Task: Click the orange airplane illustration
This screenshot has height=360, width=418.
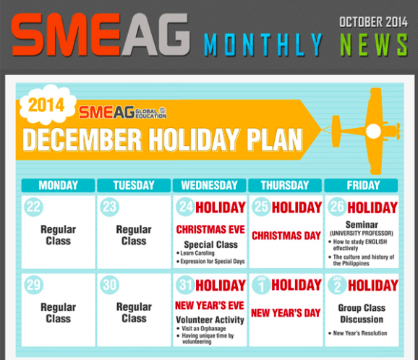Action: pos(372,131)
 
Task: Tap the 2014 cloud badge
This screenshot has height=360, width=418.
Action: pos(47,104)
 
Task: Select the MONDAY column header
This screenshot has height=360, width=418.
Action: pos(58,185)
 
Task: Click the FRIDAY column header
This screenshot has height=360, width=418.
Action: pos(361,185)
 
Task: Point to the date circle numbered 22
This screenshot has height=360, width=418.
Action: pos(33,207)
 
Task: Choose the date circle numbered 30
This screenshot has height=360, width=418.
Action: pos(110,285)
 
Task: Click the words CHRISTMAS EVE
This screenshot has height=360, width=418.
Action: pos(210,229)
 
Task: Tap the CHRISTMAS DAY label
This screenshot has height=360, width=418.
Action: pos(286,236)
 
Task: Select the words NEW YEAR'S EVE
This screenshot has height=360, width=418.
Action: pos(210,305)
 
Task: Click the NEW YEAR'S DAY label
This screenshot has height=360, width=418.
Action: pos(286,313)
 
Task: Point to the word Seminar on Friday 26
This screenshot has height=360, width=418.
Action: pos(362,225)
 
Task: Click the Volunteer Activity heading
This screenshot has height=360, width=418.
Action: pos(210,320)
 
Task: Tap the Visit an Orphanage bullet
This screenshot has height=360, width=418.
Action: pos(202,328)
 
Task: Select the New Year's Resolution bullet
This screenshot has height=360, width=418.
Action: pos(358,333)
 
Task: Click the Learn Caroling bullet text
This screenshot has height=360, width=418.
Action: pos(196,253)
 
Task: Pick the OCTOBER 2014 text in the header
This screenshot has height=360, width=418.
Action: pos(373,22)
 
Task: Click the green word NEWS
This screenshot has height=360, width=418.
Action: pos(374,45)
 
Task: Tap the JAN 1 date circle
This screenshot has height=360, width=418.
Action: pos(262,285)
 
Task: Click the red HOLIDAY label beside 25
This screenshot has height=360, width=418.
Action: pos(297,207)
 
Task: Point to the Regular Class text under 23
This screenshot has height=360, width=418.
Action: pos(134,235)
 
